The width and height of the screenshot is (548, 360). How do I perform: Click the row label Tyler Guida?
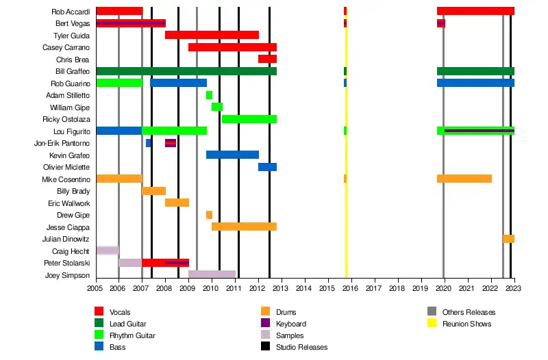coord(71,36)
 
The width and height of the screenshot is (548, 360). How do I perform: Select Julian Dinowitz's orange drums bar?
coord(508,239)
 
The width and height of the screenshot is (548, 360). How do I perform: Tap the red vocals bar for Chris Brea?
coord(267,60)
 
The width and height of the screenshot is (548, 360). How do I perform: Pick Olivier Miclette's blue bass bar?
coord(267,167)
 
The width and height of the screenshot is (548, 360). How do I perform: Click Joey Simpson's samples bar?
coord(212,274)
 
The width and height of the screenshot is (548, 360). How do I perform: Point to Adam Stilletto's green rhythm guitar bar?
coord(209,95)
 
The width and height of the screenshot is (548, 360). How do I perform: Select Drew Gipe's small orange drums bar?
coord(209,215)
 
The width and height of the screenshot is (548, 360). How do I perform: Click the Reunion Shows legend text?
coord(466,324)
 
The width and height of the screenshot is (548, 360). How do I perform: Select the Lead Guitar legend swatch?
coord(99,324)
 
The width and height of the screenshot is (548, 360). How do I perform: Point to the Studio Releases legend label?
coord(301,347)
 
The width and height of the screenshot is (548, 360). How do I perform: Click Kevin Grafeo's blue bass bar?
coord(232,155)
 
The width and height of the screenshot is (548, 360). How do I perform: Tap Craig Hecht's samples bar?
coord(107,250)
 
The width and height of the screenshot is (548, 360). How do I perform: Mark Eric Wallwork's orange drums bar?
coord(177,203)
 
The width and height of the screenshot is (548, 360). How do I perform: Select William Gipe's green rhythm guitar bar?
coord(216,107)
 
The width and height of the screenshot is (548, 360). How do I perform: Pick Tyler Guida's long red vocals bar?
coord(212,36)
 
